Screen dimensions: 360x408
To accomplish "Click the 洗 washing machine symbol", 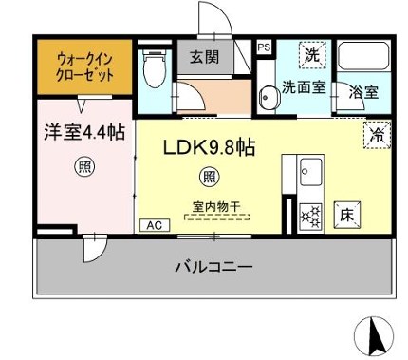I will (x=311, y=55).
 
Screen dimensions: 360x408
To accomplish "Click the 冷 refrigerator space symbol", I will (x=376, y=136).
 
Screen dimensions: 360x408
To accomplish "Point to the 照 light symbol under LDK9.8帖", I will (x=208, y=176).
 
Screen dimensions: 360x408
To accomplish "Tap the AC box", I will (x=152, y=225).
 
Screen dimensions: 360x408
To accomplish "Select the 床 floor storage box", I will (x=347, y=216).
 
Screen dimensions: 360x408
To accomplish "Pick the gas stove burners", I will (x=309, y=217).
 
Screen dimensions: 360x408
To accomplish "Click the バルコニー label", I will (x=213, y=267).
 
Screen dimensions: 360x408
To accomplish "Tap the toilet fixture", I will (x=152, y=68).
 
